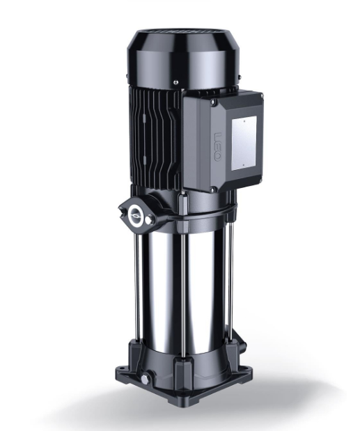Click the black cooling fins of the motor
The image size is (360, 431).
coord(153,139)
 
